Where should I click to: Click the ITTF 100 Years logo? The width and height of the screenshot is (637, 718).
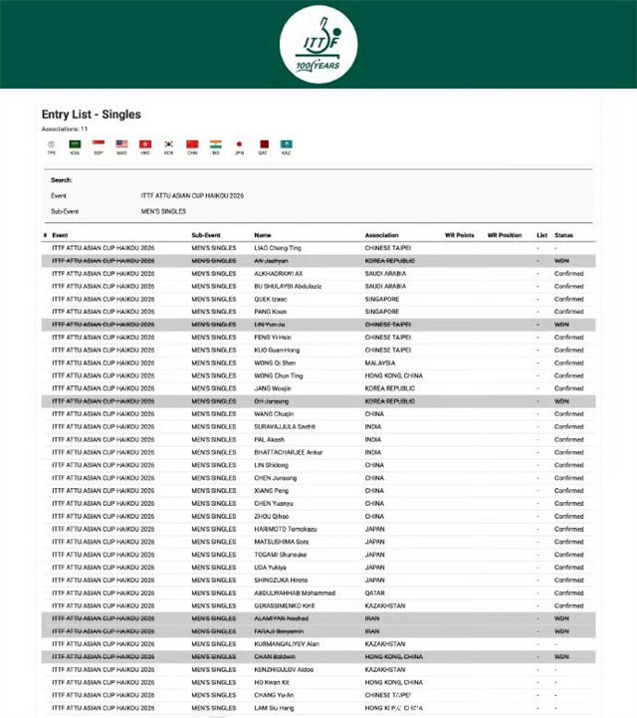tap(318, 44)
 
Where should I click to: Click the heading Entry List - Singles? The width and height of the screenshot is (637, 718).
tap(91, 116)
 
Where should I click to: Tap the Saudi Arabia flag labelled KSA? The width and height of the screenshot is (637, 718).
tap(75, 144)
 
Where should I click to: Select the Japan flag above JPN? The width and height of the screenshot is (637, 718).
tap(239, 144)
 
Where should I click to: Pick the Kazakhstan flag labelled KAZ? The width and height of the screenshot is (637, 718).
tap(287, 144)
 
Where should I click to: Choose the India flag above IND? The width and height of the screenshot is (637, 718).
tap(216, 144)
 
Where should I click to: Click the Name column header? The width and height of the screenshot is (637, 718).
tap(262, 235)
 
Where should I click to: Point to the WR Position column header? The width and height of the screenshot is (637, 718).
tap(504, 235)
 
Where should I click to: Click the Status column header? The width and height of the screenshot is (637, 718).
tap(563, 235)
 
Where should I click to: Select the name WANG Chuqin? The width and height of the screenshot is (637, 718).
tap(273, 413)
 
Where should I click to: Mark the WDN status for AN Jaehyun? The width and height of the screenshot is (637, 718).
tap(561, 260)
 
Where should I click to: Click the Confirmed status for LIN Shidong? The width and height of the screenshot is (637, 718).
tap(568, 464)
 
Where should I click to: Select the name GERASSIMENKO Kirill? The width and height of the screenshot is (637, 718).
tap(285, 605)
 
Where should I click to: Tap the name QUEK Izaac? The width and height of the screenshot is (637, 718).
tap(270, 299)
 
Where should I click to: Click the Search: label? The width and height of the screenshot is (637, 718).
tap(62, 180)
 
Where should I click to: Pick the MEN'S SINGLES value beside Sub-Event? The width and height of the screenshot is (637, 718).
tap(163, 211)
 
